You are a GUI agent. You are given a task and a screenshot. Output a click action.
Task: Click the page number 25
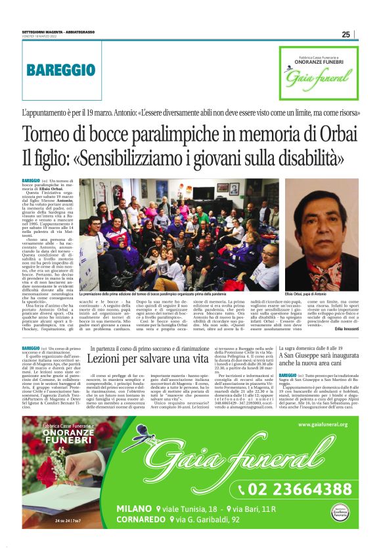coord(346,35)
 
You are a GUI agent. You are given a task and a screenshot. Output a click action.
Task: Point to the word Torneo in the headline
coord(51,134)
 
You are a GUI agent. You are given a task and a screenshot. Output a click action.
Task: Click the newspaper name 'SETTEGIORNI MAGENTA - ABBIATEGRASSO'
coord(56,34)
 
